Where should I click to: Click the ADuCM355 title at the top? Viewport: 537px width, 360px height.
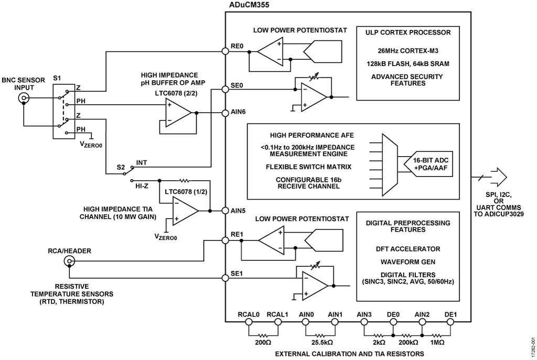[247, 5]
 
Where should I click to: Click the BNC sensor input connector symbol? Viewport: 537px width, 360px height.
[23, 98]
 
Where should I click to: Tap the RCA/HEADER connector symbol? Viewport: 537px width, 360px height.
[68, 261]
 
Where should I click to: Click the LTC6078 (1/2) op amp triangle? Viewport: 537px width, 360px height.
[185, 211]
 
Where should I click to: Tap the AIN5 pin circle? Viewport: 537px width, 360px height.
[226, 211]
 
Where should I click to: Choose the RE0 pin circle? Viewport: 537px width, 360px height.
[226, 52]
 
